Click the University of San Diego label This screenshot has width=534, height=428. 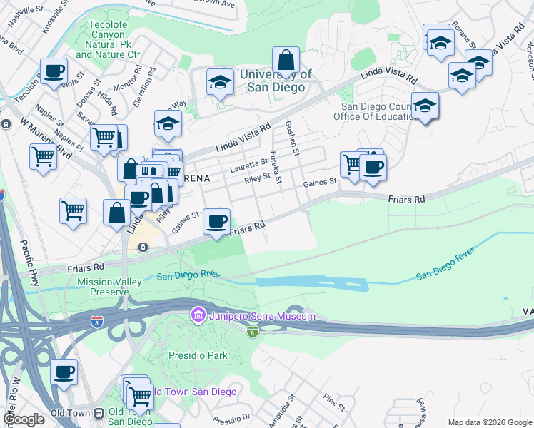[x=276, y=81]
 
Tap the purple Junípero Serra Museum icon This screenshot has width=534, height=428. [x=198, y=315]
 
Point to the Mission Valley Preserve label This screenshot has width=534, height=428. [x=109, y=287]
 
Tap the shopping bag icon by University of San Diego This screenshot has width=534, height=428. [x=286, y=61]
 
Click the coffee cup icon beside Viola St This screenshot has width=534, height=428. [x=54, y=72]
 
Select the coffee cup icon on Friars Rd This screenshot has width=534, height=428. [x=216, y=222]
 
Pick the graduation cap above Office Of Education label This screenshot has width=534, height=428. [x=425, y=107]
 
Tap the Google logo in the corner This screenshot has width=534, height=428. [x=24, y=419]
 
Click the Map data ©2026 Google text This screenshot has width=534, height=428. [x=489, y=422]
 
